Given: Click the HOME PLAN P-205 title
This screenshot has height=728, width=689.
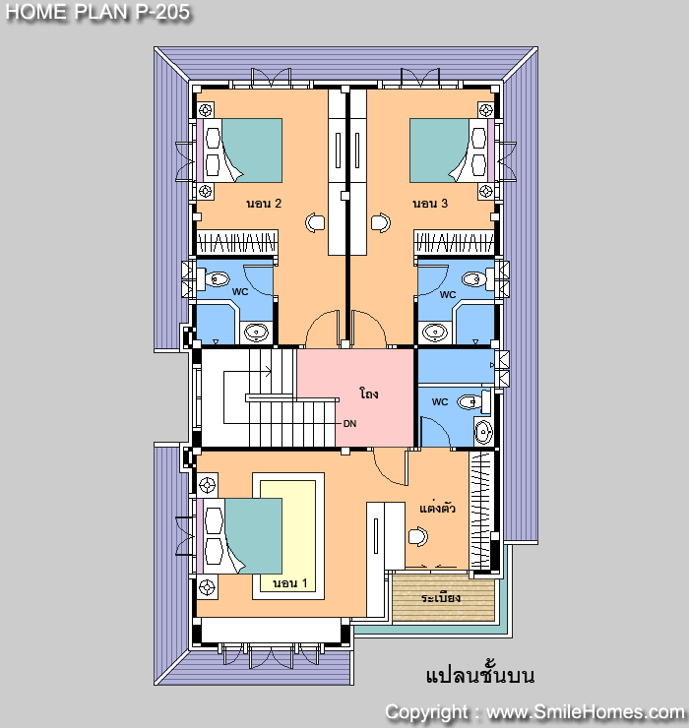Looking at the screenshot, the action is [97, 12].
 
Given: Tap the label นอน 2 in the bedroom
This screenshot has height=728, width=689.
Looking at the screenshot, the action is [264, 204].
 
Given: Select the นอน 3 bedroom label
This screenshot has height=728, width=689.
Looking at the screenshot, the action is [430, 204].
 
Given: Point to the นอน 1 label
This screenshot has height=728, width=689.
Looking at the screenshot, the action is [290, 583].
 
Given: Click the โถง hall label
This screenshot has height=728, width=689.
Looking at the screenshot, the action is [369, 394].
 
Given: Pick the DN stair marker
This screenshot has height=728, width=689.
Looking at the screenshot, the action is [349, 423].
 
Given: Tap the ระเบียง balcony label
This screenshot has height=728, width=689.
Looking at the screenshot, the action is [441, 597].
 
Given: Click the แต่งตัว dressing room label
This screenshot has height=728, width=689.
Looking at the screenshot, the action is [437, 508].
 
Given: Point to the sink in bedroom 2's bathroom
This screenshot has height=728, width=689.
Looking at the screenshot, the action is [256, 332].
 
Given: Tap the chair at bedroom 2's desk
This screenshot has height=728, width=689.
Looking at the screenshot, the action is [315, 222].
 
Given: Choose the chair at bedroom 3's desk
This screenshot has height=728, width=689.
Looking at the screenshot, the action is [381, 222].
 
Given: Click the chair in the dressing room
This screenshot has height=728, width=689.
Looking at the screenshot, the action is [418, 536].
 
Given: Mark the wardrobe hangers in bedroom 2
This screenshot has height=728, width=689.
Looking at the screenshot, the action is [237, 242].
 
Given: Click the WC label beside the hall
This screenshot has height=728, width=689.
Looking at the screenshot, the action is [440, 402].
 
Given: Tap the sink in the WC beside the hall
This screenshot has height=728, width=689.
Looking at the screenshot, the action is [484, 432].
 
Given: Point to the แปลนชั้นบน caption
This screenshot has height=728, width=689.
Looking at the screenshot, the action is [480, 676].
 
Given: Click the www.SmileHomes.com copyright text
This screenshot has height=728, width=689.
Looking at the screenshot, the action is [585, 711].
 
